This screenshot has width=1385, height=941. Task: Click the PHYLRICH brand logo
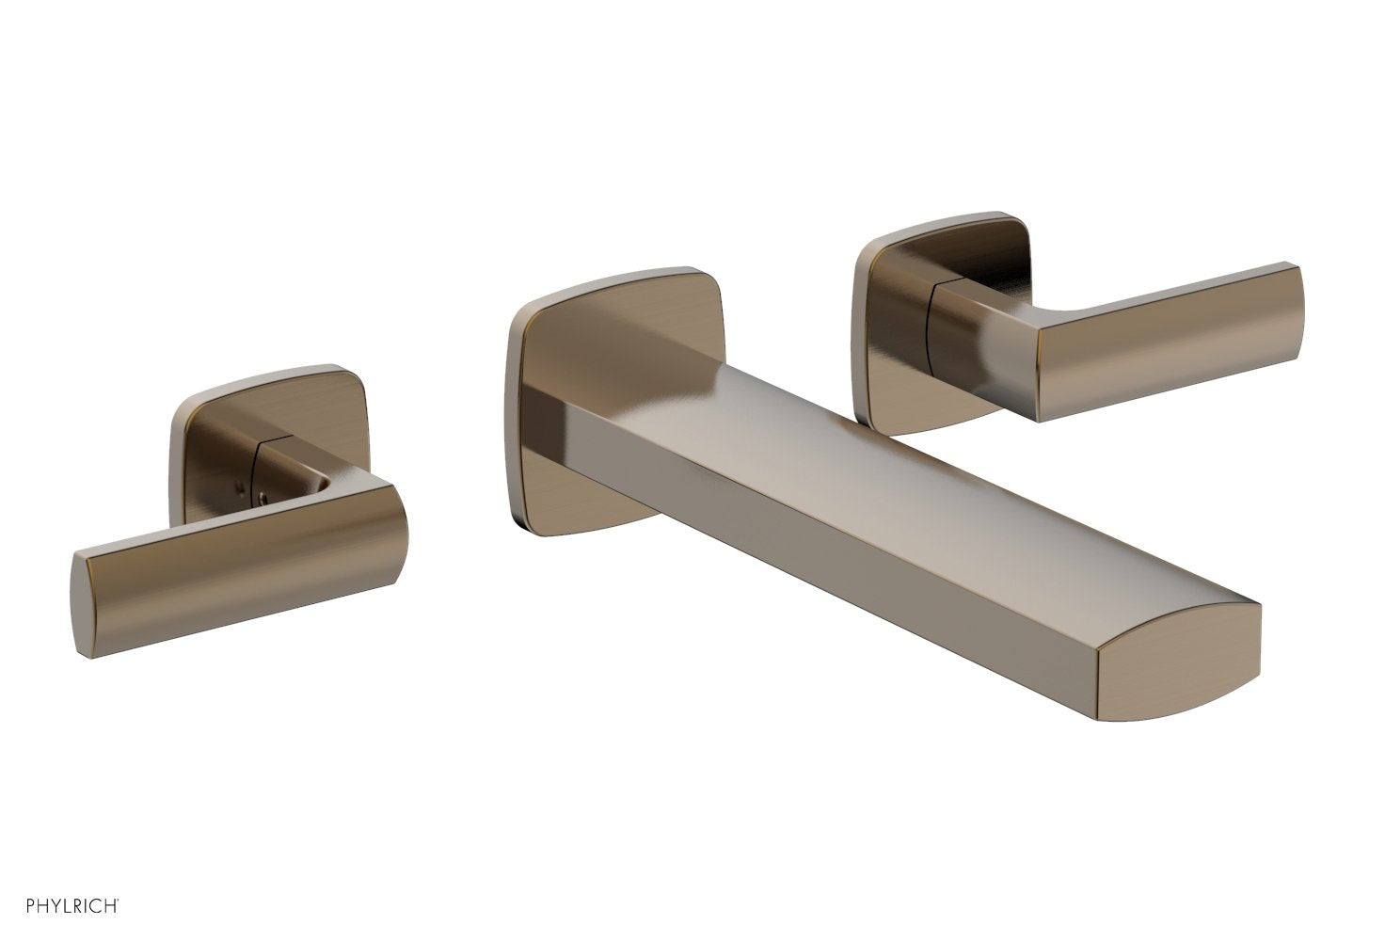click(x=64, y=907)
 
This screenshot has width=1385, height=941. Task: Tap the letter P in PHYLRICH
click(x=14, y=907)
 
